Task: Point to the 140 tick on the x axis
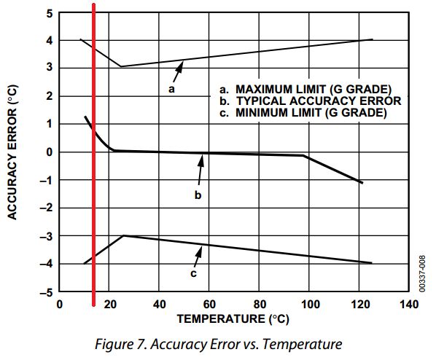pos(410,304)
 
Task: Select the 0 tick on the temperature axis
pos(59,304)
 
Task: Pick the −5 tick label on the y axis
pos(46,292)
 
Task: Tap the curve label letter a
pos(171,89)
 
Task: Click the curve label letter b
pos(197,195)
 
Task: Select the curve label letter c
pos(193,273)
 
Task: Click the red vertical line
pos(94,182)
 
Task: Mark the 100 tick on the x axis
pos(309,304)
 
